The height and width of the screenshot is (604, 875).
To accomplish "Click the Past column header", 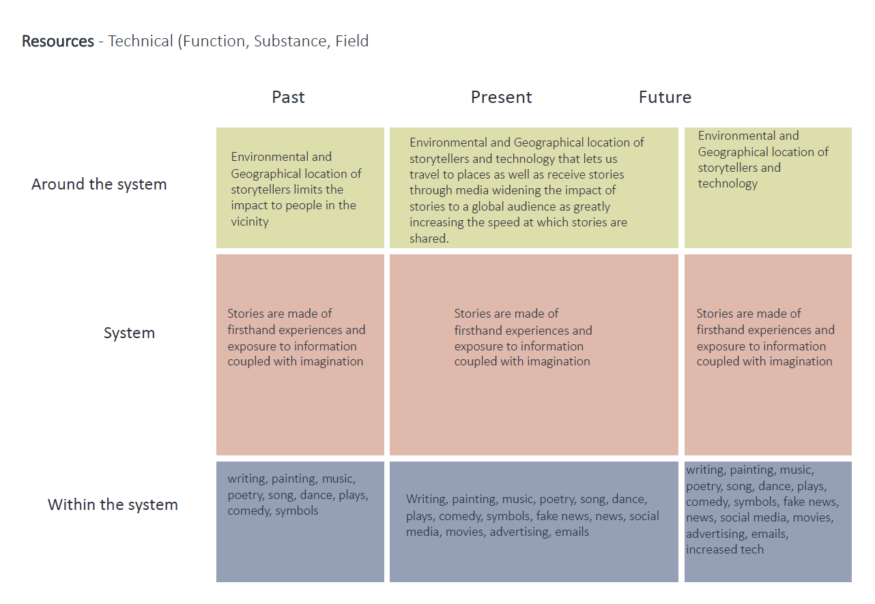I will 288,97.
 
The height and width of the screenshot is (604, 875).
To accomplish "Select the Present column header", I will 501,97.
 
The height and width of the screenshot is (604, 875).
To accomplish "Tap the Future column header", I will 665,97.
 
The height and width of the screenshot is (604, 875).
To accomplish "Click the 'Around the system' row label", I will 99,184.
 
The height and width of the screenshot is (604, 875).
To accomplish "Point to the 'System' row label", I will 129,333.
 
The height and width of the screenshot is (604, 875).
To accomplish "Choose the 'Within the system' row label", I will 113,504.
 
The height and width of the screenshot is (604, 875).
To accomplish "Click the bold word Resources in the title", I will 58,41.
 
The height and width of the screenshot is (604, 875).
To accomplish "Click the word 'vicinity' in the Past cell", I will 250,222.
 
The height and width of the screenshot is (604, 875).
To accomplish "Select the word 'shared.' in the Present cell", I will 429,239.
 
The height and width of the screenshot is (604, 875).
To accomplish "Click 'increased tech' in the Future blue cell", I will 725,549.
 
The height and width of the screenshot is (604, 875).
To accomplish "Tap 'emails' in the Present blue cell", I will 572,532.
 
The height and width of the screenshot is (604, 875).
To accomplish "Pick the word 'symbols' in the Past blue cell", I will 296,511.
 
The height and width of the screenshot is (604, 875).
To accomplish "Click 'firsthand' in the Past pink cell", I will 253,330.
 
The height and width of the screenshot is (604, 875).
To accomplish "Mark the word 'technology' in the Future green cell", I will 728,183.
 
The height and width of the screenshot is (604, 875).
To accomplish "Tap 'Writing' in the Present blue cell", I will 426,500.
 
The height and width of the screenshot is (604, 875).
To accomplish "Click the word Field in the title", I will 352,41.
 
